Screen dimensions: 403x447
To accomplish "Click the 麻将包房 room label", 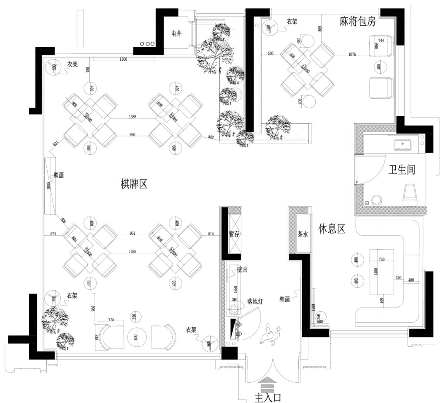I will pyautogui.click(x=357, y=22).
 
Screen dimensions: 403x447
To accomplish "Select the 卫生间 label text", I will pyautogui.click(x=401, y=169).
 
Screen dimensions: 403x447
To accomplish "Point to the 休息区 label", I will pyautogui.click(x=332, y=229).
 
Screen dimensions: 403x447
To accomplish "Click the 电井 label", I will pyautogui.click(x=176, y=34).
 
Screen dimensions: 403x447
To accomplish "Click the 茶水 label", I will pyautogui.click(x=303, y=234).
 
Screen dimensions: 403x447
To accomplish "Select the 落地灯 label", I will pyautogui.click(x=256, y=302).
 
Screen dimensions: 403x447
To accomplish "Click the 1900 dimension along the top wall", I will pyautogui.click(x=123, y=60).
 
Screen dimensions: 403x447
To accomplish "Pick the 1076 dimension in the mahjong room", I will pyautogui.click(x=352, y=54).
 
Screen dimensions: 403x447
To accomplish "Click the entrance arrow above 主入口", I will pyautogui.click(x=268, y=383).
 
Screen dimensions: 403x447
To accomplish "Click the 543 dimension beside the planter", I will pyautogui.click(x=211, y=137).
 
